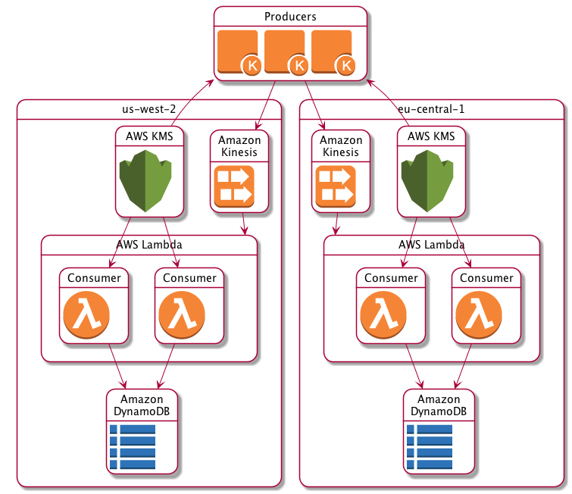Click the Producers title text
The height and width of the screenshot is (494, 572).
[x=290, y=17]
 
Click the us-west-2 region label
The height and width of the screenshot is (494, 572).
[x=149, y=108]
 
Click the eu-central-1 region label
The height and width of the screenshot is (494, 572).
[x=431, y=108]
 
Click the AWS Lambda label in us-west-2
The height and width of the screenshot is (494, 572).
[x=149, y=245]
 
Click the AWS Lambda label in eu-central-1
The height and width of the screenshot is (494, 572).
[x=431, y=245]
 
